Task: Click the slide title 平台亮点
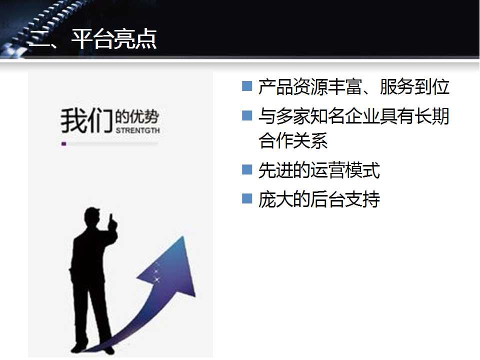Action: (114, 39)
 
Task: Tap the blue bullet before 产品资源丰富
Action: (246, 86)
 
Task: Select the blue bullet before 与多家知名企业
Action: (246, 115)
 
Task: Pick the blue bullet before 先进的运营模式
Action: (246, 169)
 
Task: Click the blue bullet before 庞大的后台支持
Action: (246, 198)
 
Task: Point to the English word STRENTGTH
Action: (138, 130)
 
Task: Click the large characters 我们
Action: (86, 120)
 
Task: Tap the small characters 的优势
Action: (137, 116)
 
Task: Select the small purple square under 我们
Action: (64, 143)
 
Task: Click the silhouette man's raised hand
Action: (112, 222)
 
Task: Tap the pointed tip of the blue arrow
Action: (183, 236)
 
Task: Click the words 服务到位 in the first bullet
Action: (415, 86)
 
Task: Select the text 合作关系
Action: (293, 140)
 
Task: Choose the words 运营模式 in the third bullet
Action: (345, 170)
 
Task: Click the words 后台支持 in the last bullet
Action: (345, 199)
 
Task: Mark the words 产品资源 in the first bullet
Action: (293, 86)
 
